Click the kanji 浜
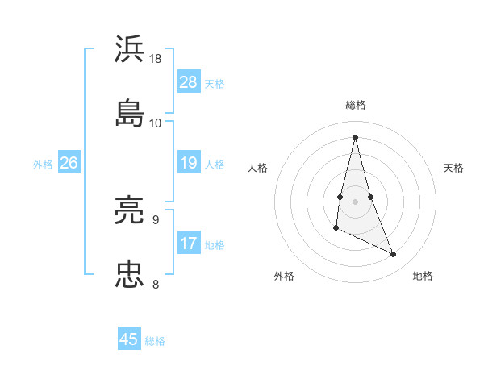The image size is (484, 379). [130, 49]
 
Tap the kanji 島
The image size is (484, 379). [130, 113]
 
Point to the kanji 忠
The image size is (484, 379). [130, 274]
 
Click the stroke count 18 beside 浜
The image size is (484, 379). [156, 59]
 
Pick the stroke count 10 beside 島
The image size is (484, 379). [156, 123]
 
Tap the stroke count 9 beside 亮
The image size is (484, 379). [156, 219]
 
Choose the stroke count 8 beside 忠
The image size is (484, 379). [156, 284]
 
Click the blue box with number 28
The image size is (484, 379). [189, 82]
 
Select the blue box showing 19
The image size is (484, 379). [189, 164]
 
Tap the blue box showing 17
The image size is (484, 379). [189, 244]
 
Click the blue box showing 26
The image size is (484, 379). [69, 164]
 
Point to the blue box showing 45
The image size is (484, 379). [129, 339]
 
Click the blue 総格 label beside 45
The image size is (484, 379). [155, 341]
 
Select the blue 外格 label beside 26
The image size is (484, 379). [43, 165]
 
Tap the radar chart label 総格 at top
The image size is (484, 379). [356, 105]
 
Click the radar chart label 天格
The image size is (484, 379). [454, 168]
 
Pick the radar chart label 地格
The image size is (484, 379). [423, 276]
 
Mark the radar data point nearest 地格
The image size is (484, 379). [394, 255]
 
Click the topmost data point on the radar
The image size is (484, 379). [356, 136]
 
